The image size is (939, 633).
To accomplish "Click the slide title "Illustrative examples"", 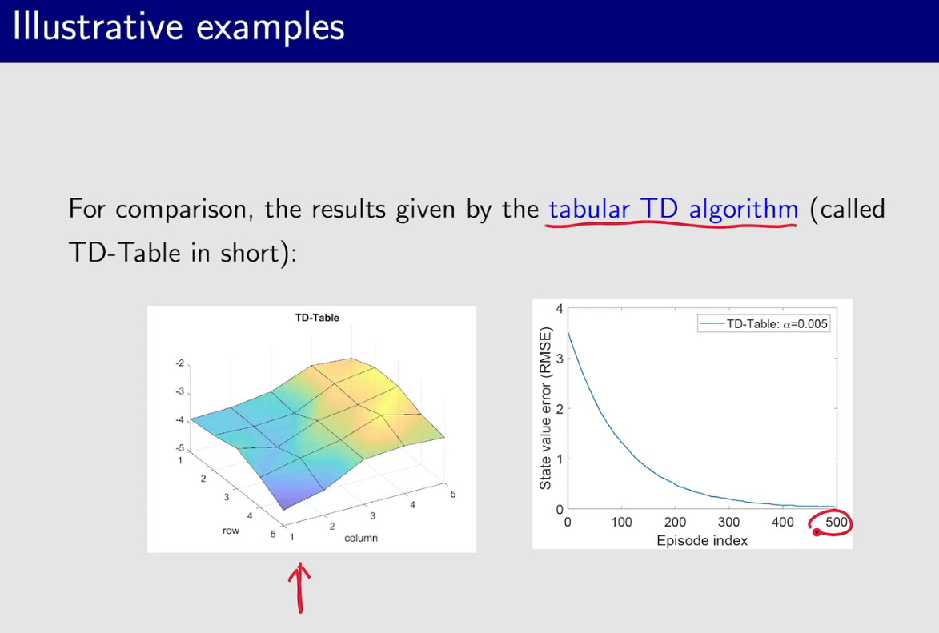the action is pos(179,27).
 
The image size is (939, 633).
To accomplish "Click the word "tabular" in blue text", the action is pos(588,209).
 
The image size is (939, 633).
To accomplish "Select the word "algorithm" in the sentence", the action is pos(743,210).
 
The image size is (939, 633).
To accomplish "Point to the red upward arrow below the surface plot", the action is pos(299,587).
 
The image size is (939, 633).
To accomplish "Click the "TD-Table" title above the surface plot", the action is pos(317,318).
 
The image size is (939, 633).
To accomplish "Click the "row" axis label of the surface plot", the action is pos(231,531).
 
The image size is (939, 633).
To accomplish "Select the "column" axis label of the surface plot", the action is pos(361,538).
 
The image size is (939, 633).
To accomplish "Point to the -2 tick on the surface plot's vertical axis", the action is pos(179,363).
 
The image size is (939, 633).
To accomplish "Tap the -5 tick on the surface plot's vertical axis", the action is pos(179,448).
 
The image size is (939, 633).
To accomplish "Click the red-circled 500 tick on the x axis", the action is pos(837,522).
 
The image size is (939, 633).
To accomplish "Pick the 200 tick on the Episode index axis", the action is pos(675,522).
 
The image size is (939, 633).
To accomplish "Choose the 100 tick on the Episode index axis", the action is pos(622,522).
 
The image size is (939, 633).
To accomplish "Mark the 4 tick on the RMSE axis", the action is pos(560,309).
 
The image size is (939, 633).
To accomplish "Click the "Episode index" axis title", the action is pos(702,541).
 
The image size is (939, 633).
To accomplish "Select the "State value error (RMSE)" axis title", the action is pos(545,408).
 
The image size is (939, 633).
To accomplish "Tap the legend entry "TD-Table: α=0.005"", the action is pos(764,324).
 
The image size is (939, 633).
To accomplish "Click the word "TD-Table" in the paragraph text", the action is pos(125,253).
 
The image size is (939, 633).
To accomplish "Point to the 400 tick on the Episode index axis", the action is pos(783,522).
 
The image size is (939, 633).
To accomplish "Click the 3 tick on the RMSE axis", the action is pos(560,359).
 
